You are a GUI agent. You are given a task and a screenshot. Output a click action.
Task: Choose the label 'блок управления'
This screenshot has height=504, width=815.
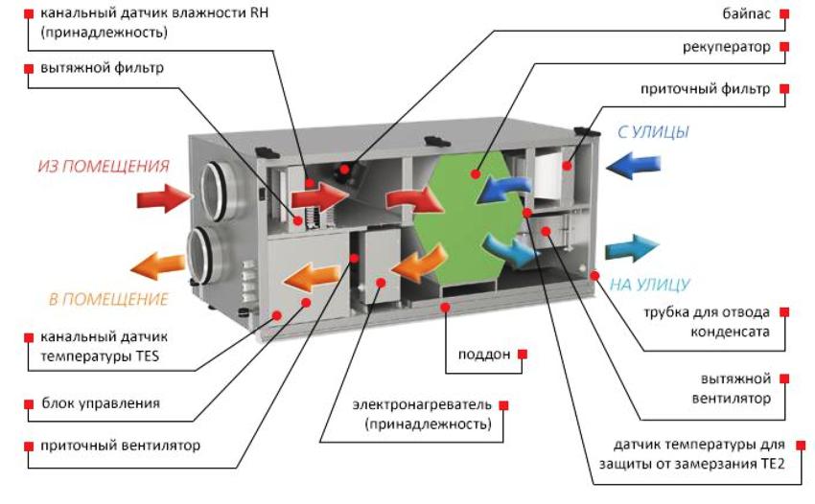point(100,403)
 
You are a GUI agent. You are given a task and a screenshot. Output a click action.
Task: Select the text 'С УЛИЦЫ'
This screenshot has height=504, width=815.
point(652,132)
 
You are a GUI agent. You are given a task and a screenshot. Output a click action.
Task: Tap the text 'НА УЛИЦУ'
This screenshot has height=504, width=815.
point(651,285)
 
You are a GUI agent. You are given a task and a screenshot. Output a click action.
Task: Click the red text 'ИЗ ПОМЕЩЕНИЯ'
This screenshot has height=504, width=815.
point(104,167)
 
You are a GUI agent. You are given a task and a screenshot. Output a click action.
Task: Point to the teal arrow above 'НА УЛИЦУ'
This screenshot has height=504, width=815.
point(631,247)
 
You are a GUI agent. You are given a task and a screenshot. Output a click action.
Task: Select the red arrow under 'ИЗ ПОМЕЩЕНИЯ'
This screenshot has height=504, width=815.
point(164,199)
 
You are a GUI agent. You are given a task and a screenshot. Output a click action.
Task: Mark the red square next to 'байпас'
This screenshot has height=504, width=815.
point(784,14)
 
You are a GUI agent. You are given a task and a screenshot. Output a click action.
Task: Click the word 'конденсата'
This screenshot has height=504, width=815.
point(732,332)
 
